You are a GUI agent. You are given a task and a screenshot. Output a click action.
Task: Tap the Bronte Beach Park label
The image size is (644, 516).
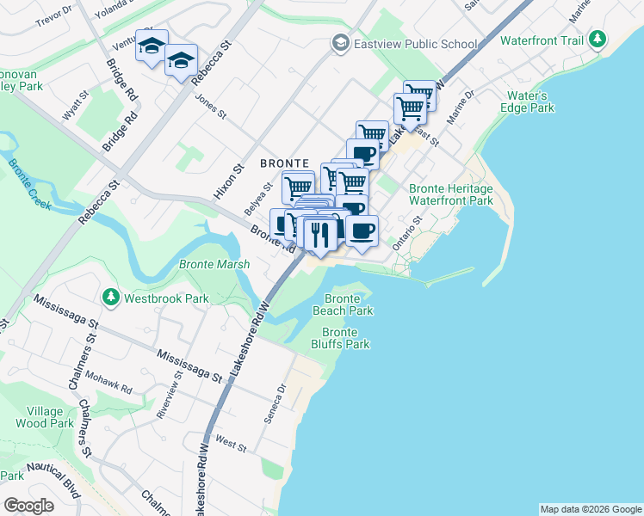(x=343, y=304)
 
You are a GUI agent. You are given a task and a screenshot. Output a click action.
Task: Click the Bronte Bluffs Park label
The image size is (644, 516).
(x=345, y=338)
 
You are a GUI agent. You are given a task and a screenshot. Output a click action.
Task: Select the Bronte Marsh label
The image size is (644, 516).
(x=214, y=265)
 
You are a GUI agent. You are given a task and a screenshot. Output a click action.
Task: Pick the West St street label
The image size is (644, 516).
(x=232, y=444)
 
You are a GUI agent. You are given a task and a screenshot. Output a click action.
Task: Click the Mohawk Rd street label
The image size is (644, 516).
(x=114, y=384)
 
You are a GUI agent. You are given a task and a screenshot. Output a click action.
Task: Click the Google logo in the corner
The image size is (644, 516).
(x=28, y=506)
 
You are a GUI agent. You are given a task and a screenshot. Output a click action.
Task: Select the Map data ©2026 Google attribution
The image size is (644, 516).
(x=590, y=509)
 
